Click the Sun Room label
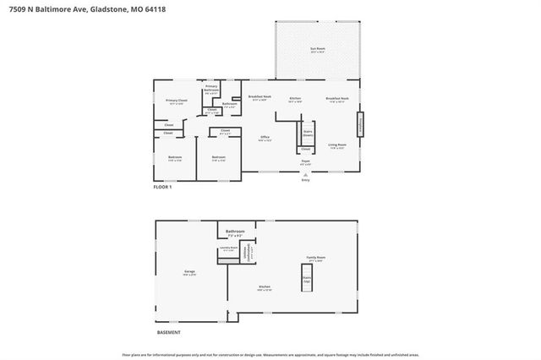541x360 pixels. click(317, 50)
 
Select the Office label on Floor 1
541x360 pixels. click(265, 138)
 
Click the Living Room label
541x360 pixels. click(337, 145)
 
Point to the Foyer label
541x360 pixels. click(305, 161)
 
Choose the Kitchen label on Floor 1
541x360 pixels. click(295, 99)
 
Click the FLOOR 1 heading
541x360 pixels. click(162, 187)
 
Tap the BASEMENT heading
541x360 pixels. click(167, 332)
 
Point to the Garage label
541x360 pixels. click(189, 272)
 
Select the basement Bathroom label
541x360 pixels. click(235, 232)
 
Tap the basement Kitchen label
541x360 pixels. click(265, 287)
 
